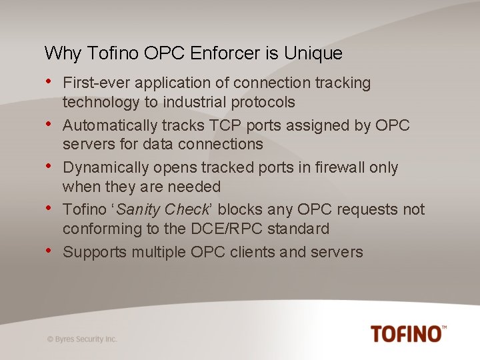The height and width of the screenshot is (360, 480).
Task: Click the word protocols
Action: click(263, 102)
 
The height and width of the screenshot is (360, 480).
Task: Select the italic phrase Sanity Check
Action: click(163, 210)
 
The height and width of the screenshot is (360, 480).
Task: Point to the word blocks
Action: click(242, 210)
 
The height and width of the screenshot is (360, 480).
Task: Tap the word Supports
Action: click(93, 252)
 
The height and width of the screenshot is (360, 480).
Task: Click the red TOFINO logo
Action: click(408, 333)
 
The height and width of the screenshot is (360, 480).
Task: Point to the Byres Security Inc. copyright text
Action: click(82, 339)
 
